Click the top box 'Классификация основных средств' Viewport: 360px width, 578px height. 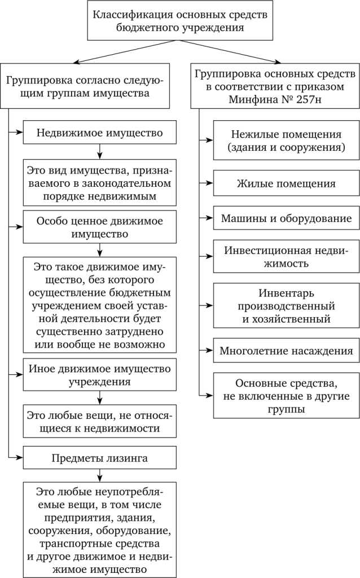(181, 20)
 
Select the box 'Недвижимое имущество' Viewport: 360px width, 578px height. (100, 133)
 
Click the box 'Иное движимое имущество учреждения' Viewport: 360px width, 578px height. (100, 375)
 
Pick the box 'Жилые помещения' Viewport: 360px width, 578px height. (286, 183)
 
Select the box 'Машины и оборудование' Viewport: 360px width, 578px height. (286, 218)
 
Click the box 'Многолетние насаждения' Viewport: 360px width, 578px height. (286, 351)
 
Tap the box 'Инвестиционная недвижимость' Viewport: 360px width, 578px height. (286, 256)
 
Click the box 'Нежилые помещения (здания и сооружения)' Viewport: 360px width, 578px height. (286, 141)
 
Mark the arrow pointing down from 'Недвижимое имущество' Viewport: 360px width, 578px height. (100, 152)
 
